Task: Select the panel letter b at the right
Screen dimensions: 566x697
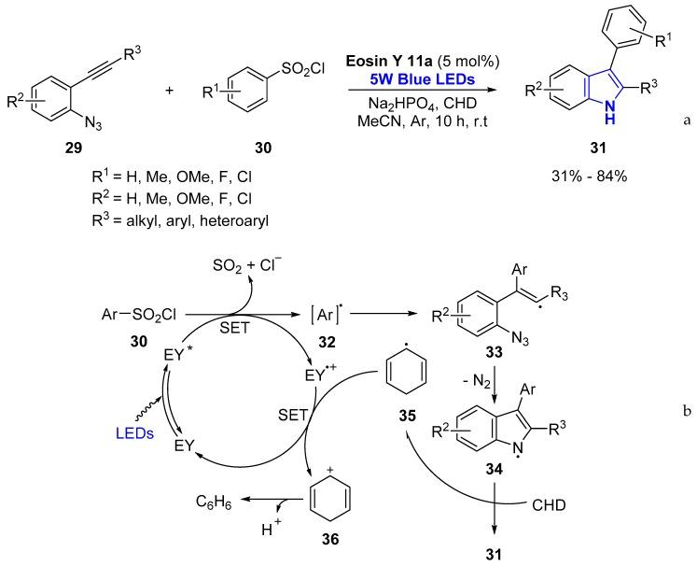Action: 686,433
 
